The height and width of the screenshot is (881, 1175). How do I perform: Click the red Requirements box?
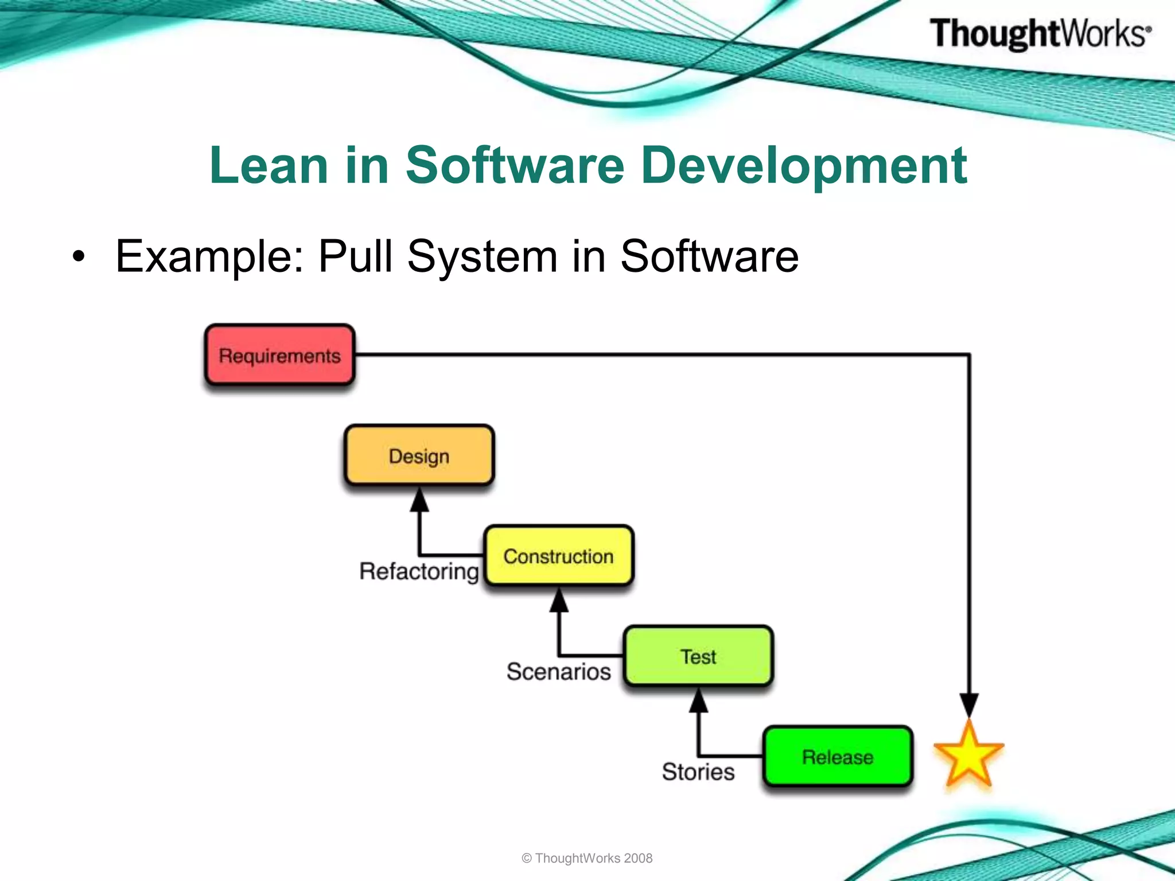(x=279, y=356)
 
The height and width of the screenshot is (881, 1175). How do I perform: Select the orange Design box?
(x=419, y=456)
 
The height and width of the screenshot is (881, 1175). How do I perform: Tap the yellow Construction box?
(x=558, y=556)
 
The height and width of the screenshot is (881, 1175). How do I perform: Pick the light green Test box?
(x=698, y=656)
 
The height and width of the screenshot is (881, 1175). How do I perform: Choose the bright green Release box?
(x=838, y=757)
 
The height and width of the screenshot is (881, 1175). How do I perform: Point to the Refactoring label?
(x=419, y=571)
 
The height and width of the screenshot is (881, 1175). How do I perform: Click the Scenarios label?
(x=558, y=671)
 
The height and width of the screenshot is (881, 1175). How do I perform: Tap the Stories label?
(x=698, y=771)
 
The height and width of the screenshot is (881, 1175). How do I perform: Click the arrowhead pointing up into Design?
(x=419, y=500)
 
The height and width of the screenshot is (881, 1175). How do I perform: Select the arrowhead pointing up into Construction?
(x=559, y=601)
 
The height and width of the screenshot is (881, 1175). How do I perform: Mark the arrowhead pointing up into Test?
(x=698, y=701)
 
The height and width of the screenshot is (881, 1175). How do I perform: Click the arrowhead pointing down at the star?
(x=969, y=704)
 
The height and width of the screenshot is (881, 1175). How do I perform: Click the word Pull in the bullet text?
(x=356, y=256)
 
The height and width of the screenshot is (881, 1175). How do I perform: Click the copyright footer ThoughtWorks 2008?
(x=587, y=858)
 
